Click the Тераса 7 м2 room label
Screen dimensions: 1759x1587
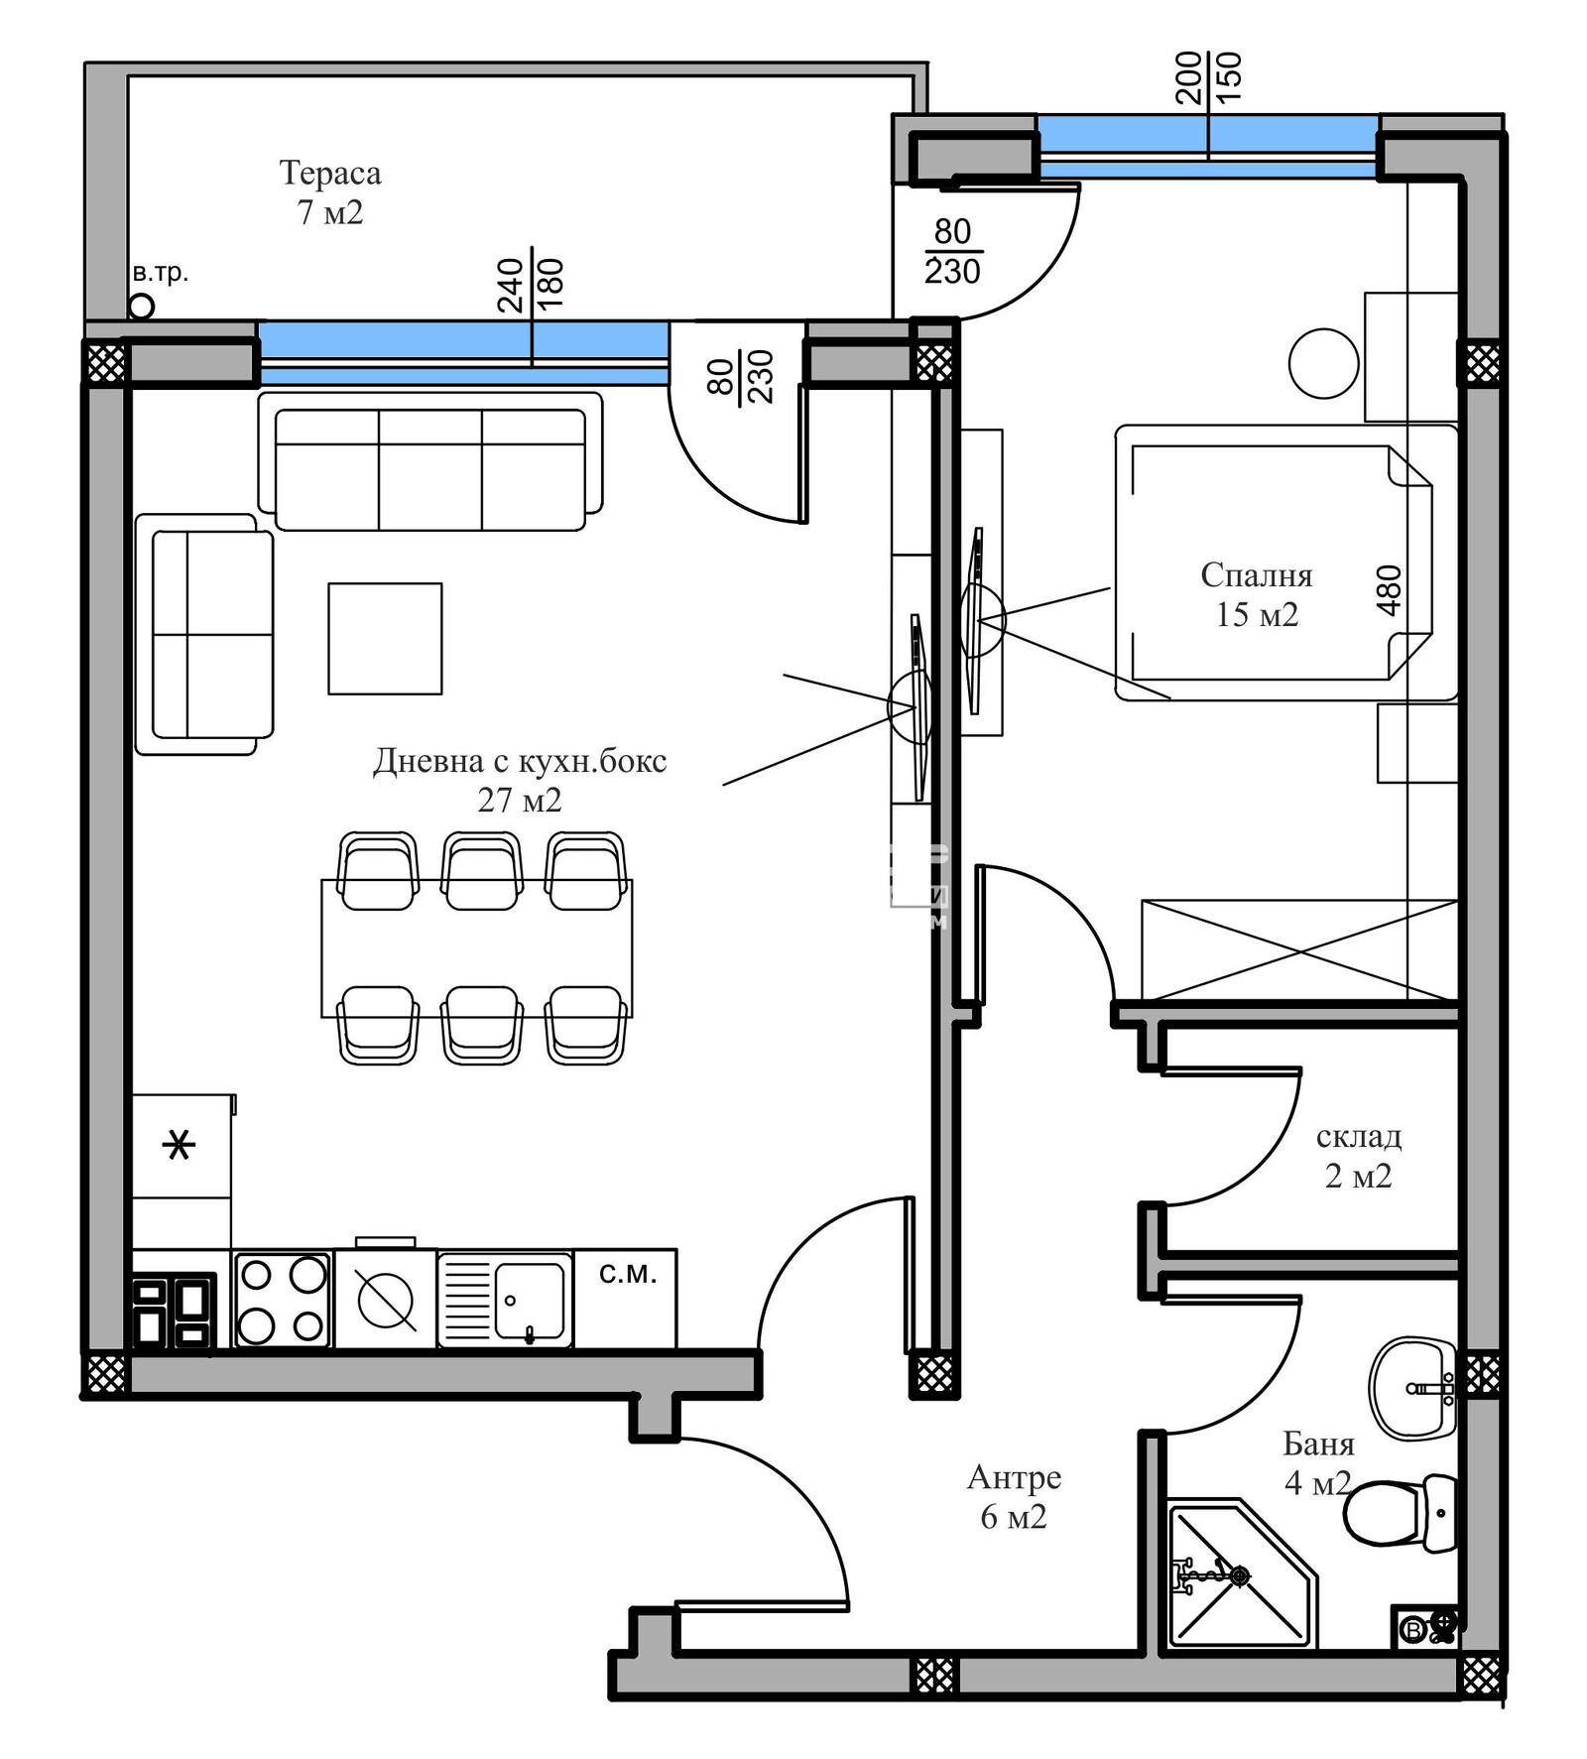pyautogui.click(x=330, y=191)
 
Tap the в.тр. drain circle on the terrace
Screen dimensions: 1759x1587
pyautogui.click(x=142, y=307)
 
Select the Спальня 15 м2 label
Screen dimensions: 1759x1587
pyautogui.click(x=1256, y=594)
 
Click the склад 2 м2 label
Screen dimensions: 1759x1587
pyautogui.click(x=1358, y=1156)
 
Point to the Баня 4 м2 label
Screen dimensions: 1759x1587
pyautogui.click(x=1318, y=1462)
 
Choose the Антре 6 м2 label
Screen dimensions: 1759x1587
pyautogui.click(x=1014, y=1496)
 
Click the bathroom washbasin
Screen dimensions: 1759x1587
pyautogui.click(x=1412, y=1387)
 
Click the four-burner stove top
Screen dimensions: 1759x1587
pyautogui.click(x=283, y=1300)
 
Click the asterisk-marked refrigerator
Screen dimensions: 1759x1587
pyautogui.click(x=180, y=1146)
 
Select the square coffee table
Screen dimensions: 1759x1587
pyautogui.click(x=385, y=638)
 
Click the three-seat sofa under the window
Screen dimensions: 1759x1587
pyautogui.click(x=429, y=469)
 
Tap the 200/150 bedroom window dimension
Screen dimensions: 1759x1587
pyautogui.click(x=1208, y=78)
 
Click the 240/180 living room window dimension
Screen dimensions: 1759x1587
pyautogui.click(x=531, y=285)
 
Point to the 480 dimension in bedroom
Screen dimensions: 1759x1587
pyautogui.click(x=1390, y=589)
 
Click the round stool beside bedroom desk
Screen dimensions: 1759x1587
pyautogui.click(x=1323, y=364)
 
